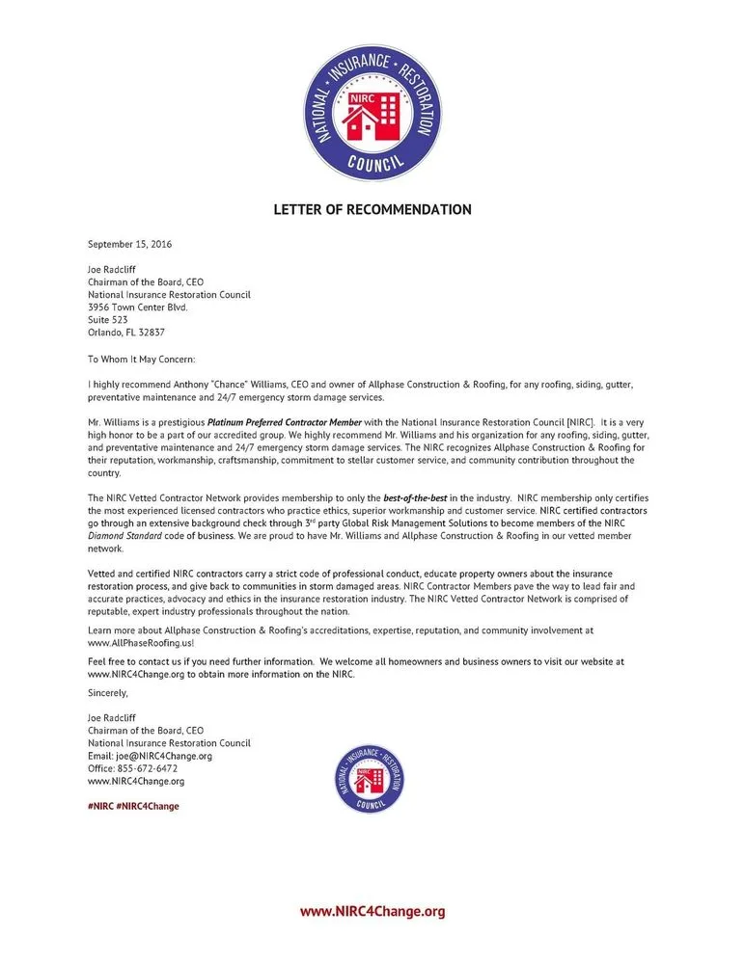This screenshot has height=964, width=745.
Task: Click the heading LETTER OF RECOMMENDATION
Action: coord(372,209)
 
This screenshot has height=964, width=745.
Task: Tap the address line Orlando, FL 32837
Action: coord(126,333)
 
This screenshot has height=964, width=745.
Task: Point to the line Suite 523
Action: coord(107,320)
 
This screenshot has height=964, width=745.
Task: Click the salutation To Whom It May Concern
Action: coord(141,359)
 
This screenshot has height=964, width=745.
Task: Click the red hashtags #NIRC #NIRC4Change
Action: coord(133,806)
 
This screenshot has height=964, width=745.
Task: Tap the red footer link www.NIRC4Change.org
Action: coord(372,911)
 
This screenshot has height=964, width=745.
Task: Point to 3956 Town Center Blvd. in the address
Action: coord(137,308)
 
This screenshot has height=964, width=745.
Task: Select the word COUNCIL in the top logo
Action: coord(372,164)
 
